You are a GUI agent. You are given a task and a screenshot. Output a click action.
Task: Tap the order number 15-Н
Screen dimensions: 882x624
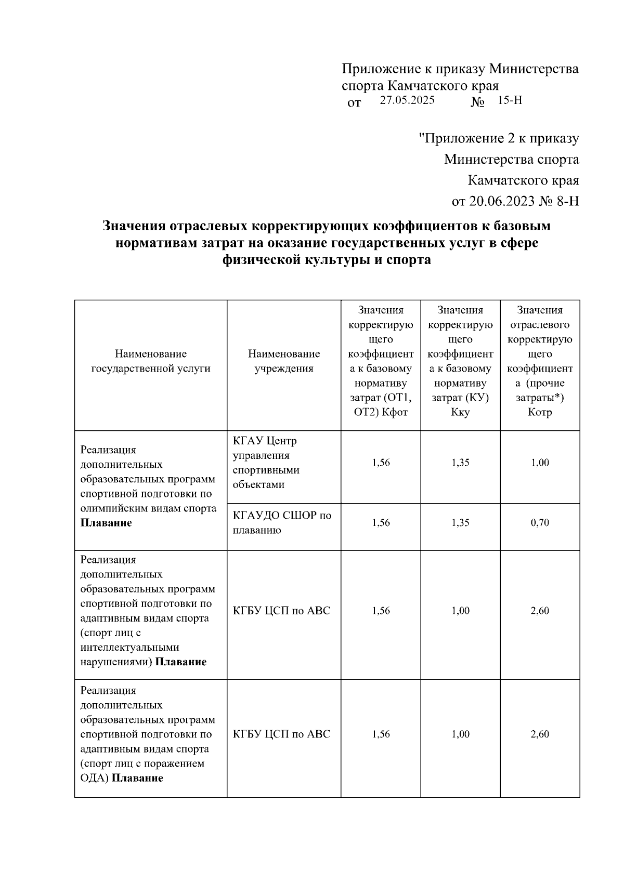click(510, 101)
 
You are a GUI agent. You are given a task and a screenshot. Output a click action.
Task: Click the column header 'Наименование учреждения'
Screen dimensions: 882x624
click(284, 361)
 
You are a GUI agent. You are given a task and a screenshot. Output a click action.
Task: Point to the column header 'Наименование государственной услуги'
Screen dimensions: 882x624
click(151, 361)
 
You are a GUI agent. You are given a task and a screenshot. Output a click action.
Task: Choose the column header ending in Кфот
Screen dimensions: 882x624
click(381, 361)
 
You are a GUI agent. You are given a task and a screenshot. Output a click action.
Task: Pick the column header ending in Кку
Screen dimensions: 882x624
click(460, 361)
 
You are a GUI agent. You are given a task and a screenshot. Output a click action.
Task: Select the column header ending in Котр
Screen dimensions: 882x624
click(540, 361)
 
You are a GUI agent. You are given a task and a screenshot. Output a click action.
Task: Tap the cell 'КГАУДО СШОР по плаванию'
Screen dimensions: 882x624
click(282, 523)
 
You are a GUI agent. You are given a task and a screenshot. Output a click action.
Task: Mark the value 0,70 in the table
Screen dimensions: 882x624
click(540, 523)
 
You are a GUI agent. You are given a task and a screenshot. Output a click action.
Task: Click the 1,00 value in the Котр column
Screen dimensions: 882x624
click(540, 463)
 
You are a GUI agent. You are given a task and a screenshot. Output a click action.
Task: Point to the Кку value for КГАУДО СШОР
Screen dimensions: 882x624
click(460, 523)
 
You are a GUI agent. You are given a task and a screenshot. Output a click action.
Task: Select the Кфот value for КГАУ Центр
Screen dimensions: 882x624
click(381, 463)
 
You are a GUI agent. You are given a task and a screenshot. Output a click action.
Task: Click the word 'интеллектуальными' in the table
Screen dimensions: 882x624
click(130, 648)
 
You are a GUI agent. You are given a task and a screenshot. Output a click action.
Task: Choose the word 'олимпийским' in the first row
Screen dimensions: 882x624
click(111, 508)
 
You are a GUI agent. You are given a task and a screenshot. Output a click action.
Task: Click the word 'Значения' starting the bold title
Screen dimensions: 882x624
click(134, 227)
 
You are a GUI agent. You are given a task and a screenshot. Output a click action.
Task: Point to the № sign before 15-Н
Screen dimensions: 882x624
click(477, 102)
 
